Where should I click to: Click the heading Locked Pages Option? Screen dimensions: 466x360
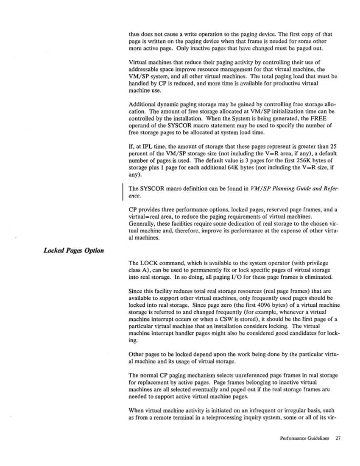74,250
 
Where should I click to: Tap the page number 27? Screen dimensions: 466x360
338,438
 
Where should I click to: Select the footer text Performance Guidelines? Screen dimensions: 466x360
304,438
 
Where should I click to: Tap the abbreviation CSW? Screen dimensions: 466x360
265,319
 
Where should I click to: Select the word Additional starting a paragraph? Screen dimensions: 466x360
142,104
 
